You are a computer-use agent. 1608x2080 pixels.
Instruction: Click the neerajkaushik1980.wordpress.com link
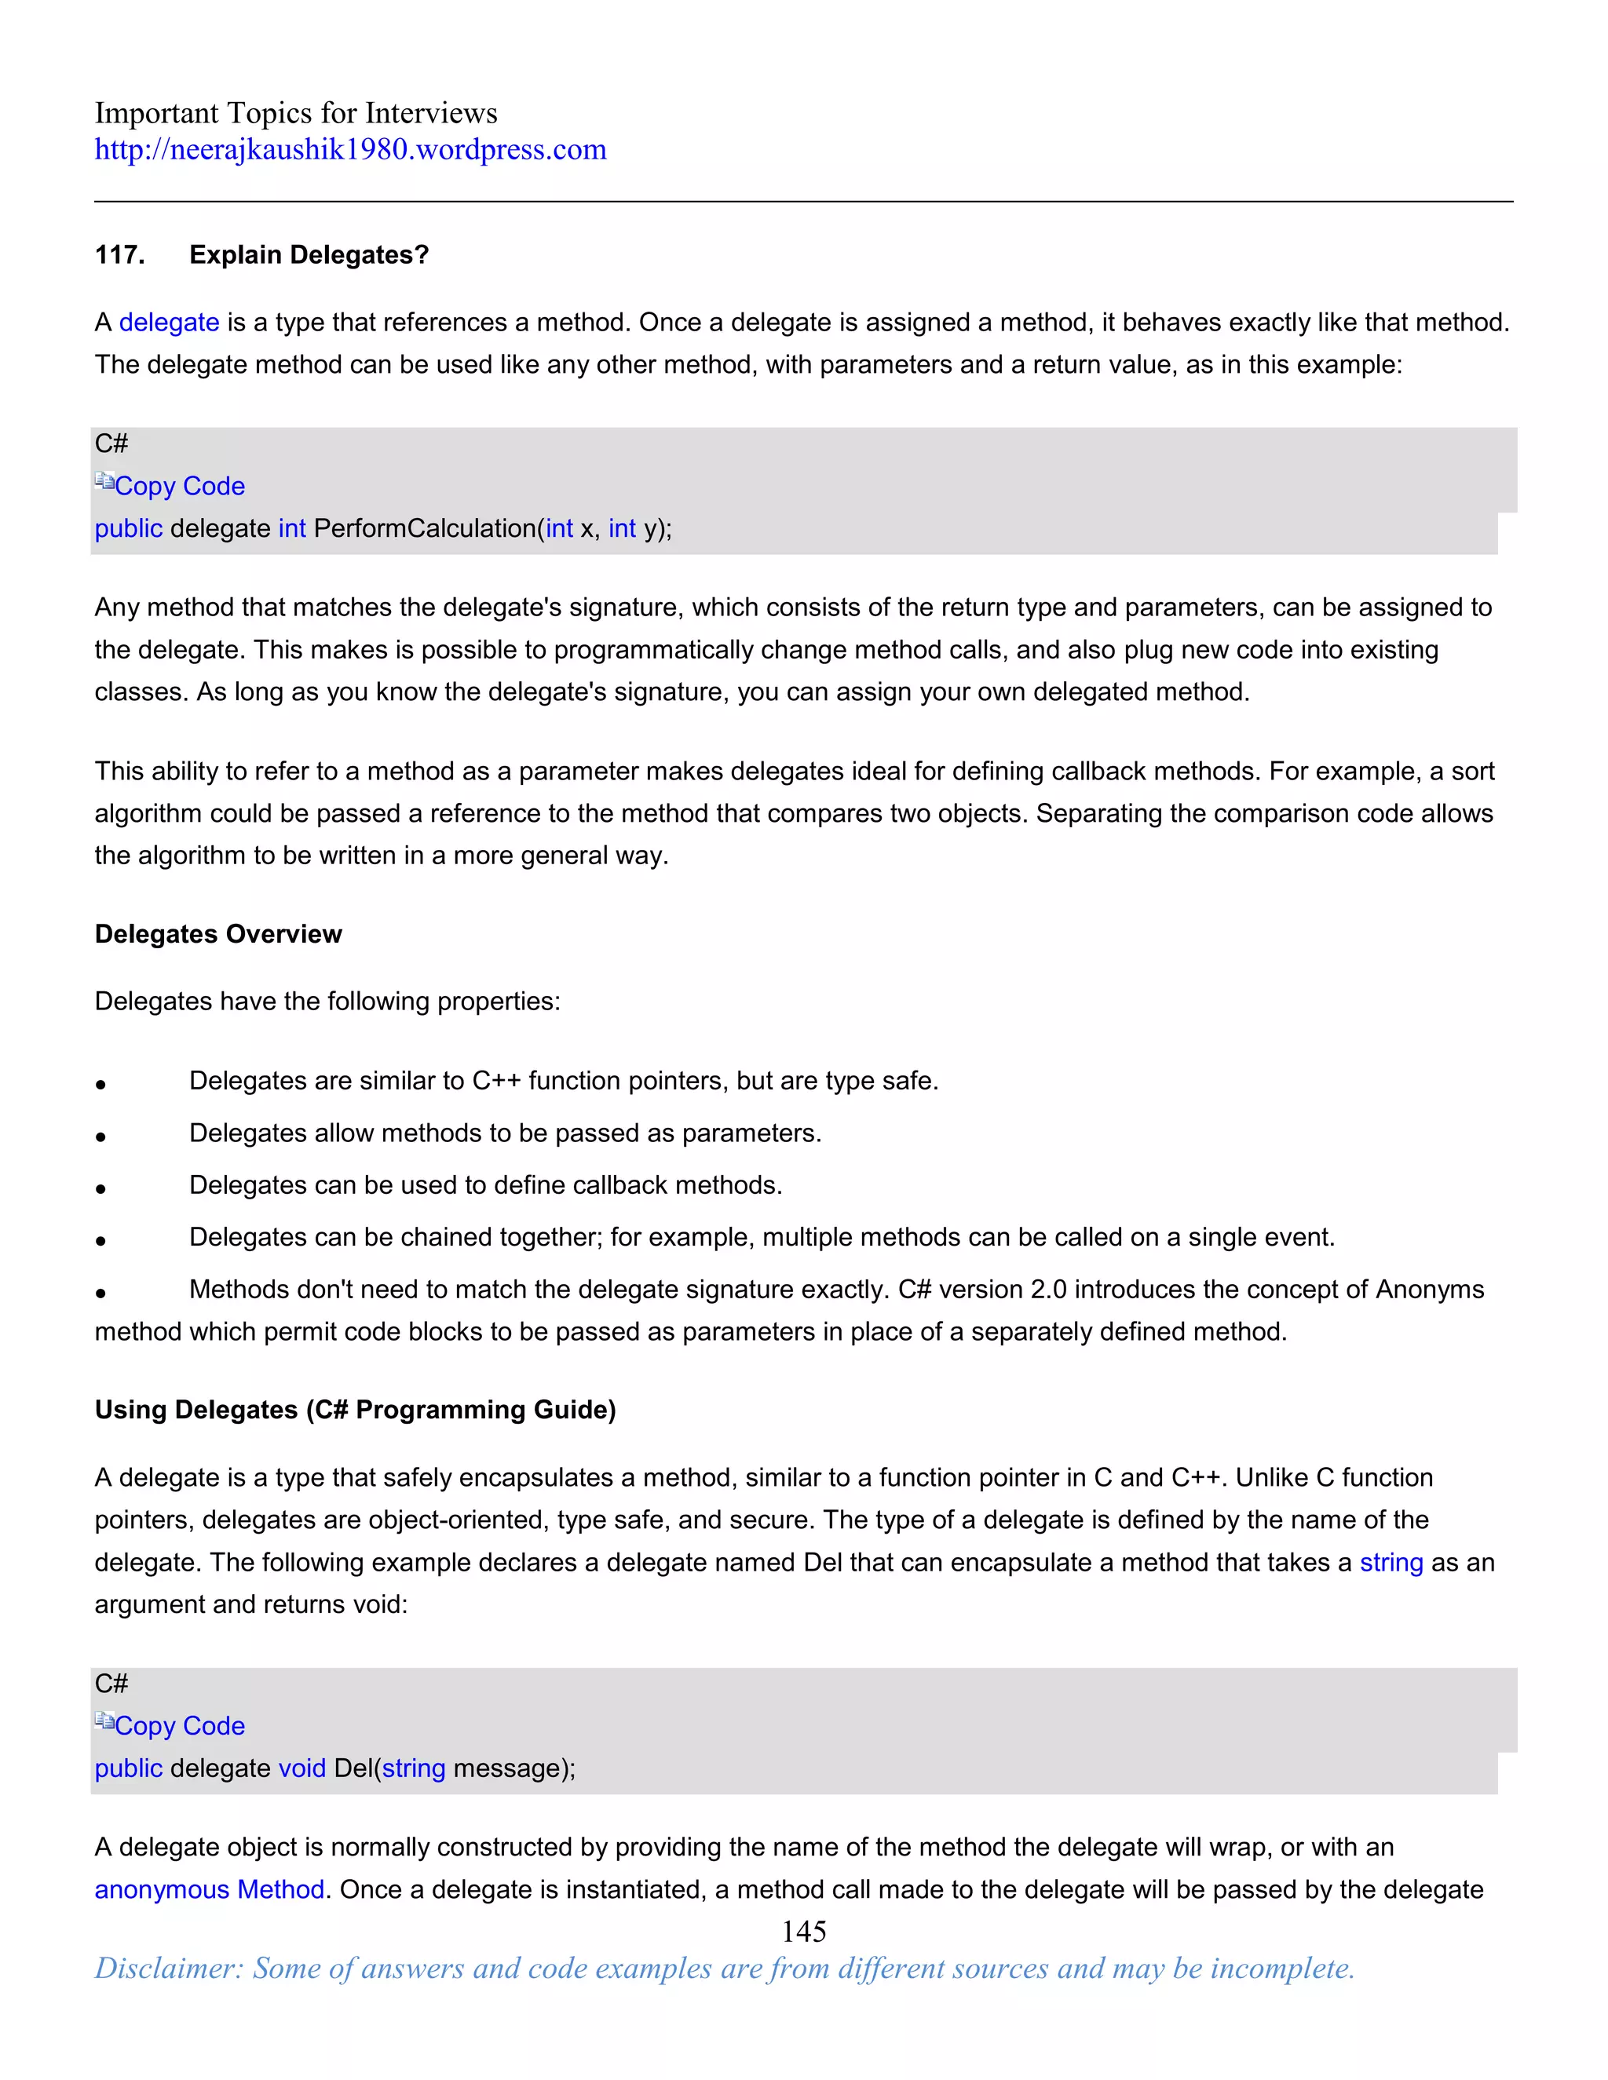[349, 149]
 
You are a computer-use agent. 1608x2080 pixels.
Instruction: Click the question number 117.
[119, 255]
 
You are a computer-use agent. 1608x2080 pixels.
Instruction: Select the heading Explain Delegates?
[309, 255]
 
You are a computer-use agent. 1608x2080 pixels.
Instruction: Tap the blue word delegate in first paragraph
[169, 323]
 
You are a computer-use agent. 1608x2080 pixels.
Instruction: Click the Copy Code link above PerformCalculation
[179, 487]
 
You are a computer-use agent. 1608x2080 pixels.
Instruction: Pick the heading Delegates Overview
[217, 934]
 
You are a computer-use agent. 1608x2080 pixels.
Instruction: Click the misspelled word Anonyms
[1429, 1290]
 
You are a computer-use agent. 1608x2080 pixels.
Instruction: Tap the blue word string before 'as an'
[1390, 1563]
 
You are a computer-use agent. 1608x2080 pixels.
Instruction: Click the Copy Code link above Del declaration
[179, 1726]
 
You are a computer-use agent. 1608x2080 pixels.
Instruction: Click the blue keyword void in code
[302, 1768]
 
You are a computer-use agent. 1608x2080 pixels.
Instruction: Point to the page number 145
[803, 1932]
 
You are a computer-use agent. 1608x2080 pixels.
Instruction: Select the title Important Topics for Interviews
[295, 113]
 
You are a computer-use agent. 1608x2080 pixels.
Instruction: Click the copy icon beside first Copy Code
[104, 482]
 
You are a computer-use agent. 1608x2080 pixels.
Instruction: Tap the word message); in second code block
[513, 1768]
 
